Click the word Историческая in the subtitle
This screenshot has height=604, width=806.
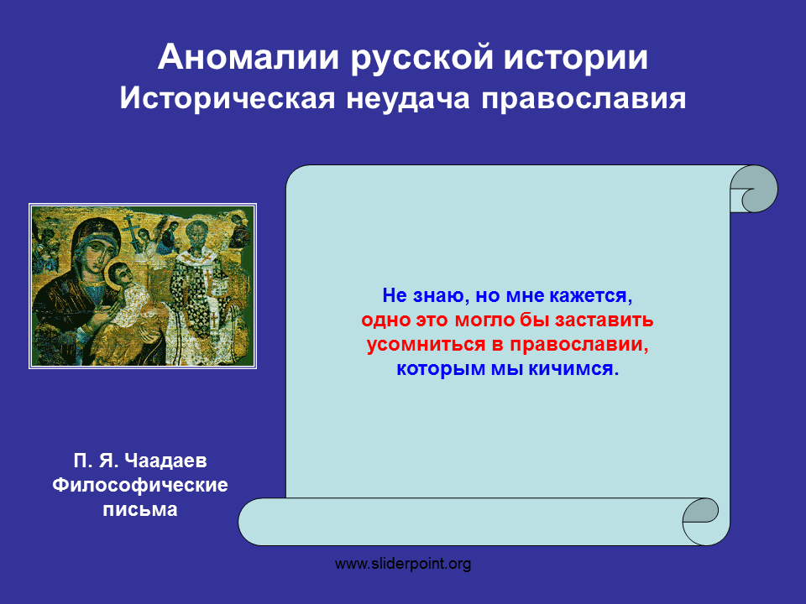[x=228, y=98]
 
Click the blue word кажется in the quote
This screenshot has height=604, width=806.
[x=591, y=296]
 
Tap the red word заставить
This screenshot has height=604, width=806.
[x=604, y=320]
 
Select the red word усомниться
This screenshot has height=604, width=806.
[x=427, y=345]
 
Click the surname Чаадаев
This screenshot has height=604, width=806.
[x=165, y=461]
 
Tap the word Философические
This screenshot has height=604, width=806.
[x=140, y=486]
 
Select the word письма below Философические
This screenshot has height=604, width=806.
[x=140, y=509]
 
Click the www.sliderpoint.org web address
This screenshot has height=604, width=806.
[x=403, y=564]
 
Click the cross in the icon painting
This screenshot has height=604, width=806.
[x=131, y=230]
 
